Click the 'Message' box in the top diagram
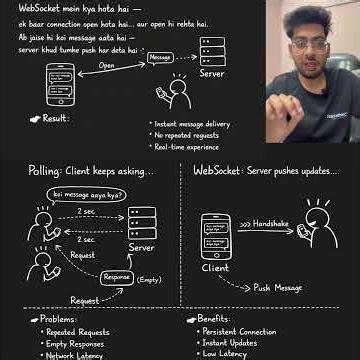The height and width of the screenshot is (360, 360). (160, 57)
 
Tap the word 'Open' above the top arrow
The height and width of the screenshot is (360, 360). (107, 65)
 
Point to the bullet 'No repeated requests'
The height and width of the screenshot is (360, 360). (185, 134)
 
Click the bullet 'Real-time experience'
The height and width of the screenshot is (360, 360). (186, 145)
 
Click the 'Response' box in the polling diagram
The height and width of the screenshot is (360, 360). (116, 277)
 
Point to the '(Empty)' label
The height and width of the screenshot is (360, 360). (148, 279)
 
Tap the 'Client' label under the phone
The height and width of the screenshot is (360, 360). (214, 268)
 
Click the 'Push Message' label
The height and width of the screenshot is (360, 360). (277, 288)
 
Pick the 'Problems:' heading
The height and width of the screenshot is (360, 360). (62, 319)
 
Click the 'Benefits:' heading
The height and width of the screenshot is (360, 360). (215, 319)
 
